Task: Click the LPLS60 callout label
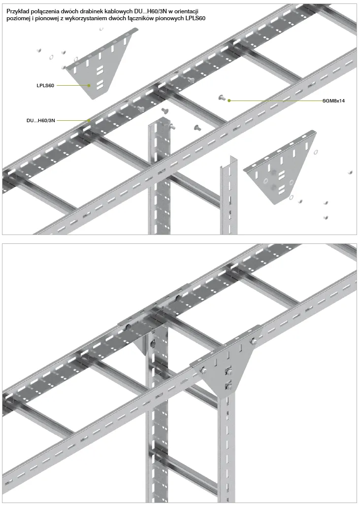pos(45,86)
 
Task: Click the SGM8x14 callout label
pos(333,101)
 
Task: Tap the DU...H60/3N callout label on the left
pos(41,120)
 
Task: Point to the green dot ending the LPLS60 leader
pos(89,86)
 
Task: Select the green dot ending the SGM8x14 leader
pos(229,101)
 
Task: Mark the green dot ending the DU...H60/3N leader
pos(89,120)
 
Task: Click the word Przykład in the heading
pos(17,12)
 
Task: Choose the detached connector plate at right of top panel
pos(280,167)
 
